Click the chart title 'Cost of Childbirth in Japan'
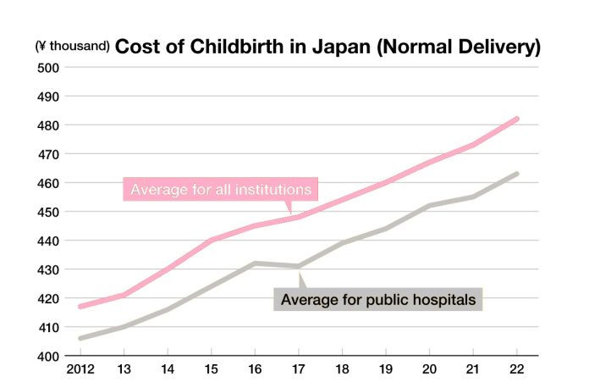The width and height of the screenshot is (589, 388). [327, 47]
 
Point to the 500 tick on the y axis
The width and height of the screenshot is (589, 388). [47, 68]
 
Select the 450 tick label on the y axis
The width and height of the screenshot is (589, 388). [47, 212]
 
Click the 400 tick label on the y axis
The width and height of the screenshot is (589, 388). [47, 356]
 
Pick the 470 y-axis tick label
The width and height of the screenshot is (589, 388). [47, 154]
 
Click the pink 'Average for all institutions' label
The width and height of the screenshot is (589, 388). [222, 188]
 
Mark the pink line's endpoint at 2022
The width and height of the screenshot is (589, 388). [517, 119]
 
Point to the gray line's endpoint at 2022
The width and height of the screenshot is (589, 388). [517, 174]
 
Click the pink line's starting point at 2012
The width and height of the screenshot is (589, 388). [80, 307]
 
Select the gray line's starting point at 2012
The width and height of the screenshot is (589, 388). [80, 338]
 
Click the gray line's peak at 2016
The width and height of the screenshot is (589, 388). [255, 263]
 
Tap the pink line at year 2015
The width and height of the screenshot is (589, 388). [211, 241]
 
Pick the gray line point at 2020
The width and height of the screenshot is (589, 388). [430, 206]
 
